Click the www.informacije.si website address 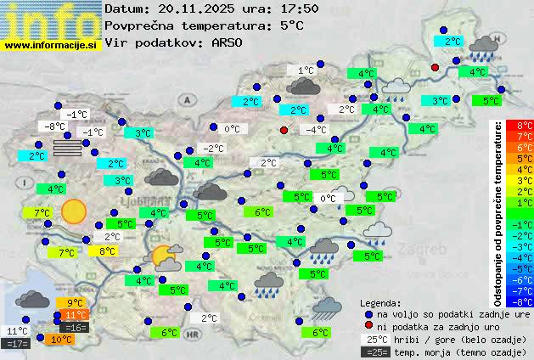(51, 44)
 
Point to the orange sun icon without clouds (74, 211)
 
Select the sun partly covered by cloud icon (165, 256)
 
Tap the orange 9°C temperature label (75, 303)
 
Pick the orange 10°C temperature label (61, 339)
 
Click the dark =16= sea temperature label (75, 327)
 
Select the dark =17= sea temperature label (17, 344)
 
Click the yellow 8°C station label (107, 251)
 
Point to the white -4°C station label (316, 130)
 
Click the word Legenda (381, 303)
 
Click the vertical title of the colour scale (498, 212)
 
